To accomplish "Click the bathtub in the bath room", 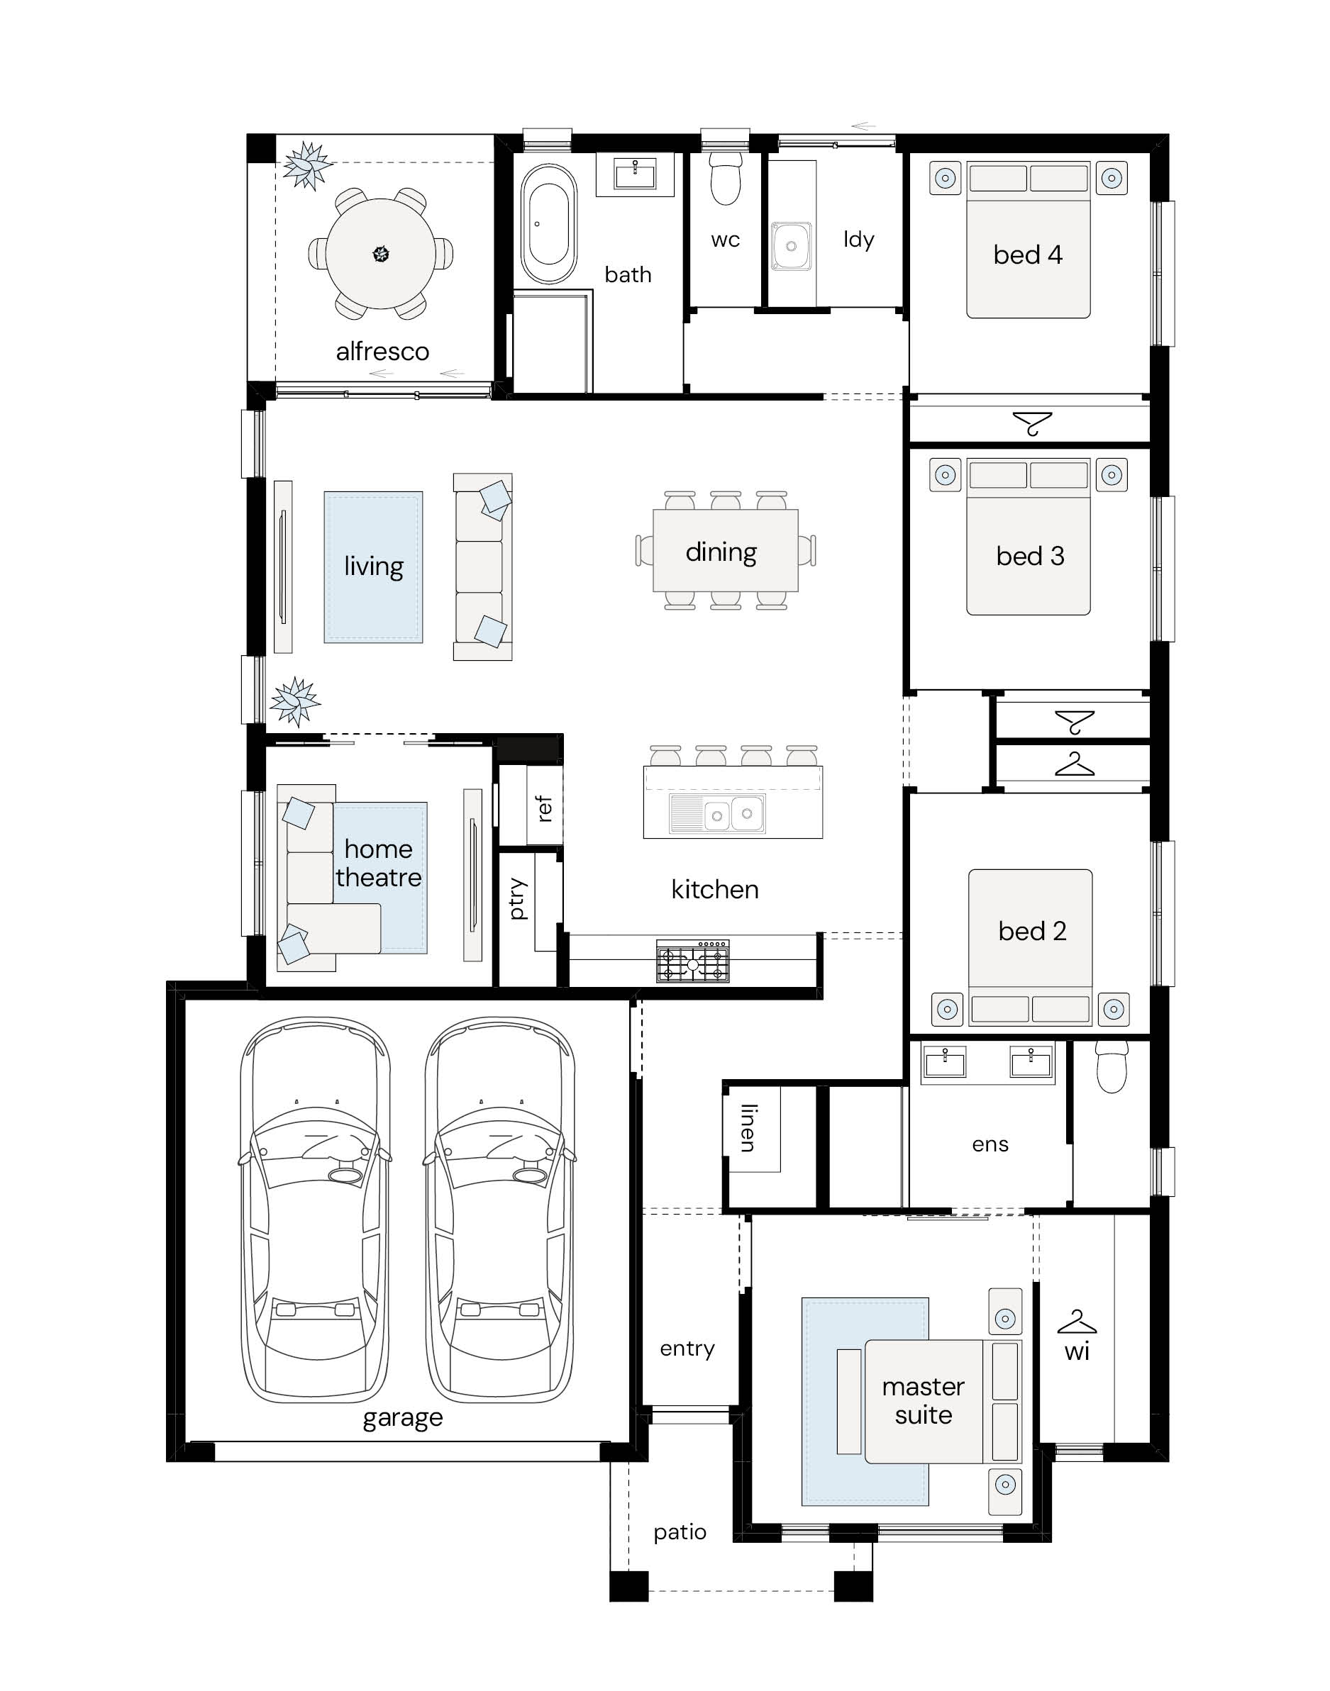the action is click(549, 224).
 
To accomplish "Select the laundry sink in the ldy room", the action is click(791, 247).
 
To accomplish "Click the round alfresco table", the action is click(381, 254).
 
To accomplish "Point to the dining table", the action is click(726, 550).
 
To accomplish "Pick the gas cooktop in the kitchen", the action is click(693, 961).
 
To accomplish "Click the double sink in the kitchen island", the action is click(717, 813).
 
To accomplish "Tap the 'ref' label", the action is click(544, 808).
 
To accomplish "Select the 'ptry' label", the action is click(516, 899).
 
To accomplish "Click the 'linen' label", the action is click(748, 1127).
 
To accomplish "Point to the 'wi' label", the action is click(1077, 1351).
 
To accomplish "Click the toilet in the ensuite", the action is click(1112, 1066).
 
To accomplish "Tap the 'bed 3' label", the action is click(1030, 556).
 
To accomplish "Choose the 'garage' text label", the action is click(403, 1418).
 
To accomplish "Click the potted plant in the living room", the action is click(295, 701).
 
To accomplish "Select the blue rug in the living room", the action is click(374, 567).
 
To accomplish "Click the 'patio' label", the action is click(680, 1532).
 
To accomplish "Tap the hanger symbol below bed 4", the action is click(1033, 423).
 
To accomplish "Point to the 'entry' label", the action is click(687, 1349).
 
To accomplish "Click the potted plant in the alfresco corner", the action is click(308, 165).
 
